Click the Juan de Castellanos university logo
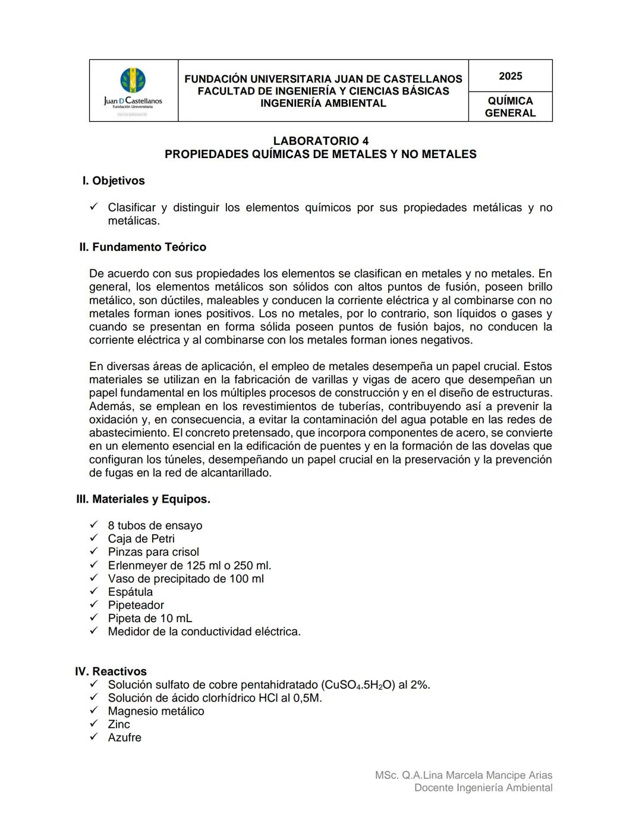pyautogui.click(x=133, y=89)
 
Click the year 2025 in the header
pyautogui.click(x=510, y=76)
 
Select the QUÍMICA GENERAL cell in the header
pyautogui.click(x=510, y=107)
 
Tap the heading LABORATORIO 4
pyautogui.click(x=320, y=141)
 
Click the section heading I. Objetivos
pyautogui.click(x=114, y=181)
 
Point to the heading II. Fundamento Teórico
pyautogui.click(x=143, y=247)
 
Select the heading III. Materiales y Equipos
pyautogui.click(x=143, y=499)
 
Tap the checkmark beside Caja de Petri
pyautogui.click(x=93, y=538)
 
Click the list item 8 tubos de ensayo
pyautogui.click(x=155, y=526)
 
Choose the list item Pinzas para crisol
pyautogui.click(x=153, y=552)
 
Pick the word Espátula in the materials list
pyautogui.click(x=130, y=592)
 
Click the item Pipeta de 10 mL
pyautogui.click(x=150, y=618)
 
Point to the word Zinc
pyautogui.click(x=119, y=724)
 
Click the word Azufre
pyautogui.click(x=124, y=737)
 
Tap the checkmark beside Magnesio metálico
pyautogui.click(x=93, y=711)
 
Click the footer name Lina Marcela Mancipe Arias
pyautogui.click(x=487, y=775)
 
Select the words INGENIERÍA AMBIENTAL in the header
pyautogui.click(x=323, y=103)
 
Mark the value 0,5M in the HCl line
pyautogui.click(x=307, y=698)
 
